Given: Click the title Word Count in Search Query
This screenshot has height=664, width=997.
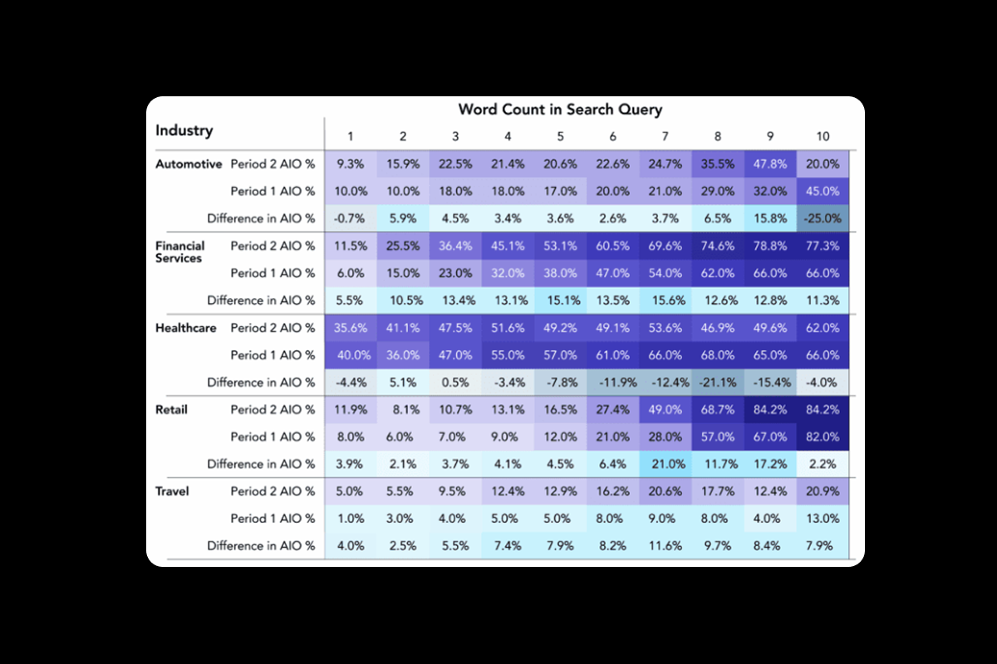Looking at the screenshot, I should pyautogui.click(x=560, y=110).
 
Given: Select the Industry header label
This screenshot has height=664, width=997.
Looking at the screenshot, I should pyautogui.click(x=184, y=130).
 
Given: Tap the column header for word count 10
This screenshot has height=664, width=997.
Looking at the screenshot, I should pyautogui.click(x=822, y=136).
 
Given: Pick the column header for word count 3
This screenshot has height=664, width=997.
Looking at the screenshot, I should pyautogui.click(x=455, y=136).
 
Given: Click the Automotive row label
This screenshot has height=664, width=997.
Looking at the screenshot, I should pyautogui.click(x=189, y=164).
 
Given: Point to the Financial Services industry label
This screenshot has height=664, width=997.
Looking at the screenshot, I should pyautogui.click(x=179, y=251).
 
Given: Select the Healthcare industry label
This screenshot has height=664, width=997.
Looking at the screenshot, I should pyautogui.click(x=186, y=328).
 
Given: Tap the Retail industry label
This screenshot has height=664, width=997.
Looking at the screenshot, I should pyautogui.click(x=171, y=409).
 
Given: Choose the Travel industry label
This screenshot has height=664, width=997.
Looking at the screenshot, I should pyautogui.click(x=172, y=491).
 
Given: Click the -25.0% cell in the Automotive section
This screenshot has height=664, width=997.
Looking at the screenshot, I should pyautogui.click(x=822, y=219).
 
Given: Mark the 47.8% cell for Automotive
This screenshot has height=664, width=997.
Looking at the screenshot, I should pyautogui.click(x=769, y=164).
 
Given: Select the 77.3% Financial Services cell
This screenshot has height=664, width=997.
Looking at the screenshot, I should pyautogui.click(x=822, y=246).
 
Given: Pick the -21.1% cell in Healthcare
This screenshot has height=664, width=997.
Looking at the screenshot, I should pyautogui.click(x=717, y=383).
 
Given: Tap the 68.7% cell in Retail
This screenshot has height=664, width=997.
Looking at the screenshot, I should pyautogui.click(x=717, y=409).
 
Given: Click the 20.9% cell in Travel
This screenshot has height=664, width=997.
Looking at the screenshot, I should pyautogui.click(x=822, y=491).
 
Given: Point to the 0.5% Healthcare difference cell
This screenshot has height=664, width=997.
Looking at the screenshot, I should pyautogui.click(x=455, y=383).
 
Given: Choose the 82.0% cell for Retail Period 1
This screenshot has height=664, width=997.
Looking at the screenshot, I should pyautogui.click(x=822, y=437).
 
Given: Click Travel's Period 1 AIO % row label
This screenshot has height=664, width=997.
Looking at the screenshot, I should pyautogui.click(x=273, y=519).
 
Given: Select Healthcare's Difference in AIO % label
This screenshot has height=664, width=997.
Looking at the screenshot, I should pyautogui.click(x=261, y=383).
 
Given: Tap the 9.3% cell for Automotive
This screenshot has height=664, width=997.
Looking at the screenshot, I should pyautogui.click(x=351, y=164).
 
